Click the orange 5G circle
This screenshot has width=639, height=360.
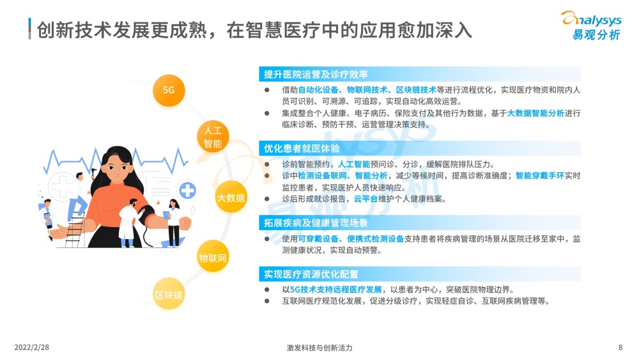pos(169,91)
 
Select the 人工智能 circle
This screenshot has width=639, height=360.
pos(213,137)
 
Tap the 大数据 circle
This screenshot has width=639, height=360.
pos(231,198)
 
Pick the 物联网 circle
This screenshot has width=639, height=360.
pos(213,257)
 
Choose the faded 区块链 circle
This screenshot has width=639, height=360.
pos(169,294)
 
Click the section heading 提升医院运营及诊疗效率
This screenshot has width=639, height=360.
pos(316,75)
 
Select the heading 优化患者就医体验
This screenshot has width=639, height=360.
pos(302,149)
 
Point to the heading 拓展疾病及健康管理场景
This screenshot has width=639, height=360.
pos(316,223)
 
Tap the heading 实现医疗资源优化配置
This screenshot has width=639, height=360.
pos(311,274)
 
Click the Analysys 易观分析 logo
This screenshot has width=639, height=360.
pos(592,26)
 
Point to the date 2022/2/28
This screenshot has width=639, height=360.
pos(31,347)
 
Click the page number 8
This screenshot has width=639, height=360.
pos(620,347)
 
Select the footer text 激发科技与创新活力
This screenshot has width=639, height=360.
pos(319,348)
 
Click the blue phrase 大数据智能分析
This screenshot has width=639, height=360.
pos(535,113)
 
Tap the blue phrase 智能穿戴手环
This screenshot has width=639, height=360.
pos(540,176)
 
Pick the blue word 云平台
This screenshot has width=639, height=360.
pos(366,199)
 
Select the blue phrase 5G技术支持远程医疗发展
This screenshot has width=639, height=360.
pos(336,290)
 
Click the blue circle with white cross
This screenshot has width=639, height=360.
pos(187,191)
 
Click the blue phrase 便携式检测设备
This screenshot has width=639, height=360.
pos(375,239)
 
